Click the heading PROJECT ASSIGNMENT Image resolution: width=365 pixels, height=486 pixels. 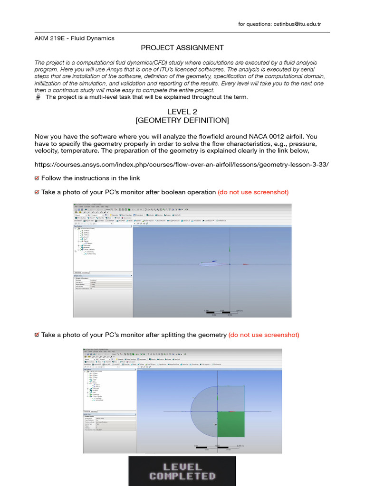[x=175, y=47]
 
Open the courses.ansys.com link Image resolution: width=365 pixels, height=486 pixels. [x=182, y=164]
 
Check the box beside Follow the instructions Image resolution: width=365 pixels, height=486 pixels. [x=37, y=178]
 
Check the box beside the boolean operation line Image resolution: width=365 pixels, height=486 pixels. [x=37, y=192]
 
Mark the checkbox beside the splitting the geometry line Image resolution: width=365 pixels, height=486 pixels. [x=37, y=335]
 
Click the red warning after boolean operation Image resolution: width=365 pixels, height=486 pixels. [x=253, y=192]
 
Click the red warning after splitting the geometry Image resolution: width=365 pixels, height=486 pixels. [x=264, y=335]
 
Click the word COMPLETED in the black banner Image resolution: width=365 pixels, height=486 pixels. [x=182, y=476]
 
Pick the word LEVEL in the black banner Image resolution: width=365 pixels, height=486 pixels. [x=182, y=466]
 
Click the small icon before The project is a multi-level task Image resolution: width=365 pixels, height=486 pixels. [x=38, y=97]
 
